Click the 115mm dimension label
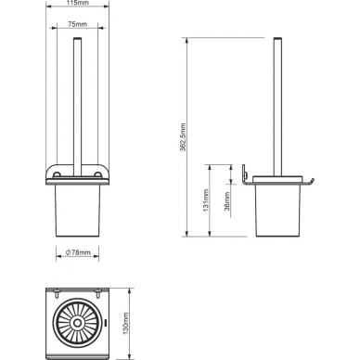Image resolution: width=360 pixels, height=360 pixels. (x=78, y=3)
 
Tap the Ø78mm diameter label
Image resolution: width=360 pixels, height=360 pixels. (x=78, y=252)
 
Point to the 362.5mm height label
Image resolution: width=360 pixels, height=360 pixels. (x=183, y=137)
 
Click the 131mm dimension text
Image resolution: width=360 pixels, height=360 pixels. (x=206, y=200)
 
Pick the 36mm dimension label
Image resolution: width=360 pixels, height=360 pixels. (x=227, y=201)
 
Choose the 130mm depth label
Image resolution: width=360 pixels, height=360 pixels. (x=125, y=323)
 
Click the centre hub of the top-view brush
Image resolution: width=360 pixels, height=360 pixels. (x=76, y=323)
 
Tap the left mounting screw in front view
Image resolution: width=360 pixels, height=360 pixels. (x=57, y=174)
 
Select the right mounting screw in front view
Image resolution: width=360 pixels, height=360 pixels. (x=98, y=174)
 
